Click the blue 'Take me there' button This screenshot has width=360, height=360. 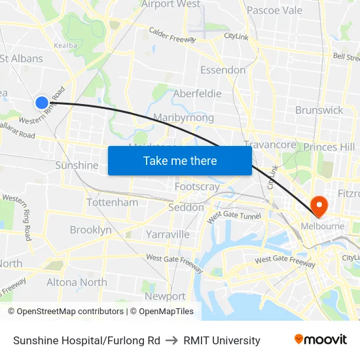tap(180, 160)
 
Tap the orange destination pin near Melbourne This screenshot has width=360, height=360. tap(320, 206)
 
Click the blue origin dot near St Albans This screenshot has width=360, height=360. tap(41, 102)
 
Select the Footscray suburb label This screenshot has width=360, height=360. tap(197, 187)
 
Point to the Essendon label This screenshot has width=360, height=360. tap(223, 70)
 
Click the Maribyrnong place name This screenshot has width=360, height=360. tap(183, 118)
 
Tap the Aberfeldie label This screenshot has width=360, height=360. tap(197, 94)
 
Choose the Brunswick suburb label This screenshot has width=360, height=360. tap(319, 110)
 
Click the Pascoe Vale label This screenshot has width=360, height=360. tap(274, 10)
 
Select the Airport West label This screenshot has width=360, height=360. tap(171, 5)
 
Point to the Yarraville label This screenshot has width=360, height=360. tap(168, 234)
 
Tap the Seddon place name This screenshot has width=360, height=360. tap(186, 207)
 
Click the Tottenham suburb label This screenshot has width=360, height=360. tap(112, 202)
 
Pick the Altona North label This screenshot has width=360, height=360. tap(77, 282)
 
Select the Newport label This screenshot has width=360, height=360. tap(164, 297)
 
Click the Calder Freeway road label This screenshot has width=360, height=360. tap(172, 35)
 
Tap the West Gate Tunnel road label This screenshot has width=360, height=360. tap(234, 217)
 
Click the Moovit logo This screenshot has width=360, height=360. tap(321, 340)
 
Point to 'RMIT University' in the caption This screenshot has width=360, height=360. tap(222, 340)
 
